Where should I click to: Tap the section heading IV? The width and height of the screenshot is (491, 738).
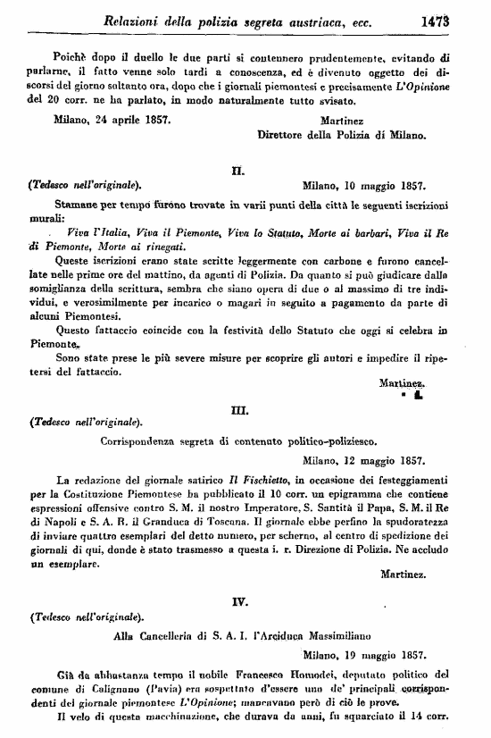pos(239,601)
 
